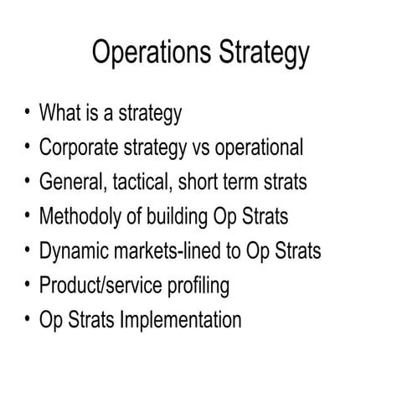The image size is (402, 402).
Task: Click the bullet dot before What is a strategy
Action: [x=28, y=112]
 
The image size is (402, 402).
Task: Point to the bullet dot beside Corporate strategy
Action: [x=28, y=147]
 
